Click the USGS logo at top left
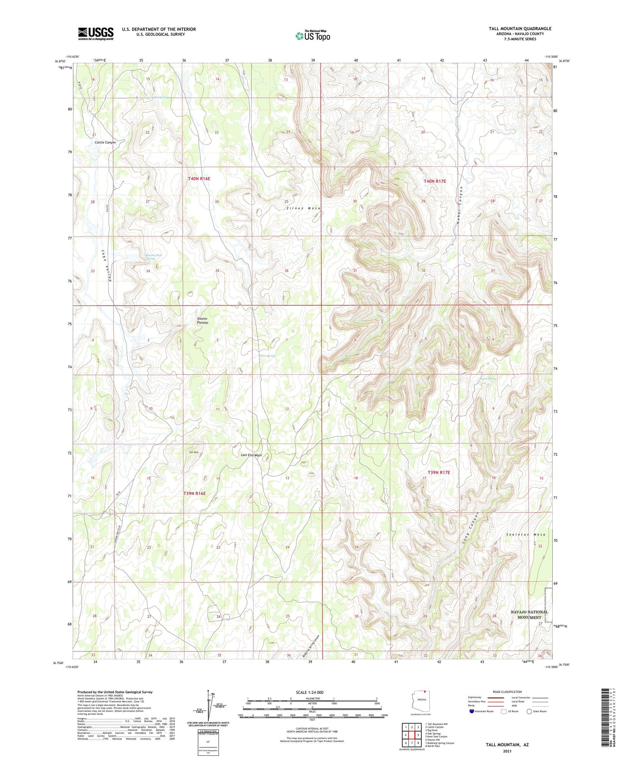(x=96, y=34)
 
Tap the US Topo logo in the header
(x=312, y=36)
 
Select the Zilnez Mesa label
(x=303, y=208)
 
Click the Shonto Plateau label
(x=202, y=321)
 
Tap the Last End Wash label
(x=251, y=455)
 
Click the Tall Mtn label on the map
(x=194, y=452)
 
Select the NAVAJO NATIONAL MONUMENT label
(x=529, y=615)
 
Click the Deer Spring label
(x=267, y=356)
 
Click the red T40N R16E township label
(x=199, y=179)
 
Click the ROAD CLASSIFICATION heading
(x=507, y=692)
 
